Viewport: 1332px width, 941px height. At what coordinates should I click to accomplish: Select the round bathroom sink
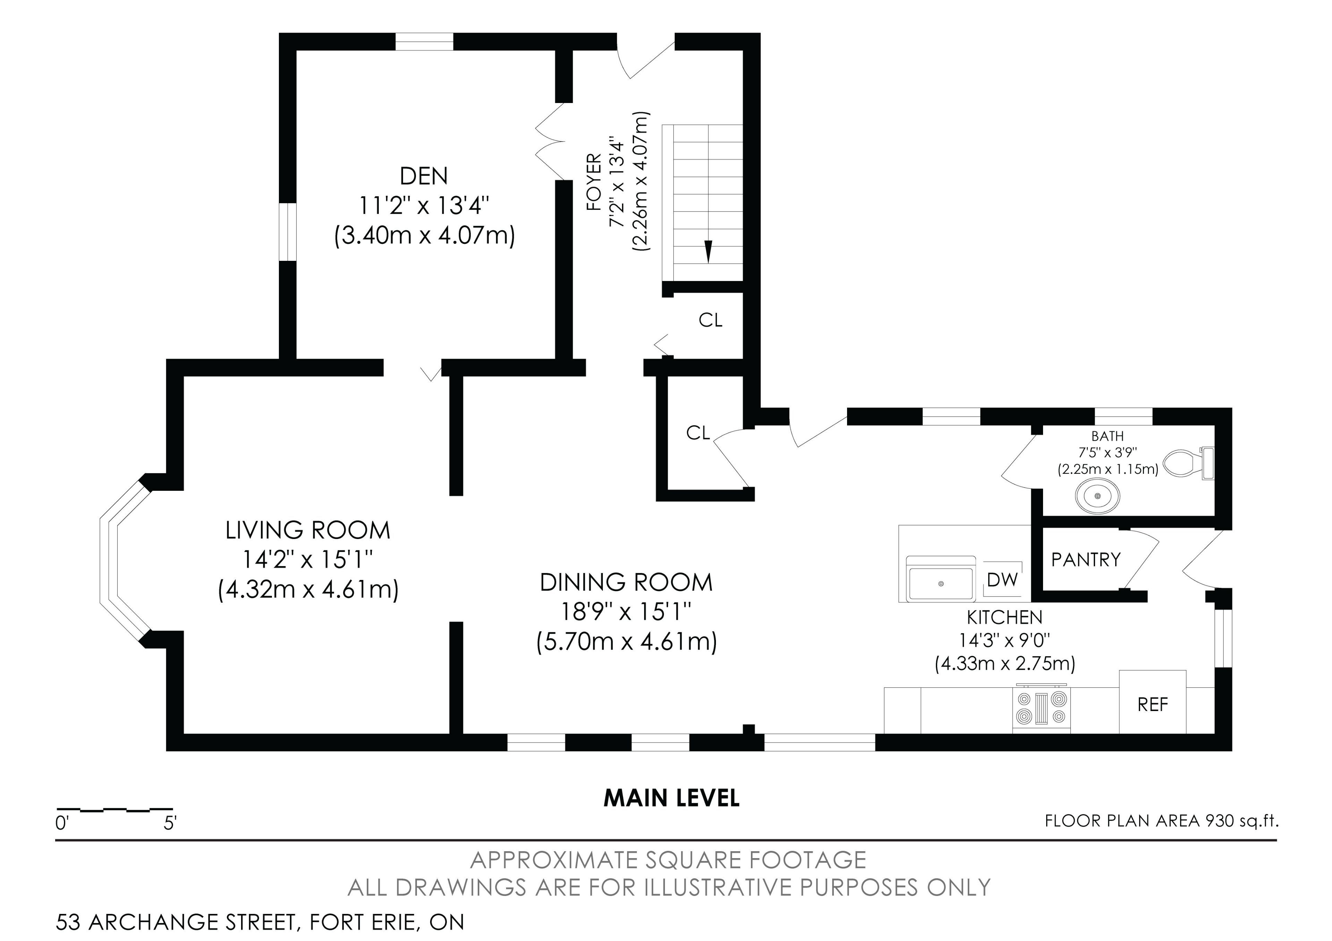1097,496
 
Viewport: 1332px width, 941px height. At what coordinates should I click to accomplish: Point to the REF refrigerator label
1152,704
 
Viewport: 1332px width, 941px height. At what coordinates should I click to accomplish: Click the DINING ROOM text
626,582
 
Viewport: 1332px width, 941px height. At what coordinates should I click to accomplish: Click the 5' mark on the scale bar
169,823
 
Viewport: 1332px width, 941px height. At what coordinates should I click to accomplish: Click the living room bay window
123,561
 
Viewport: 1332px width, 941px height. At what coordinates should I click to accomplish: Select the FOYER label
594,182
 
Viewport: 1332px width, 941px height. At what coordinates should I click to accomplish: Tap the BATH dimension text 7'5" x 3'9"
1108,452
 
